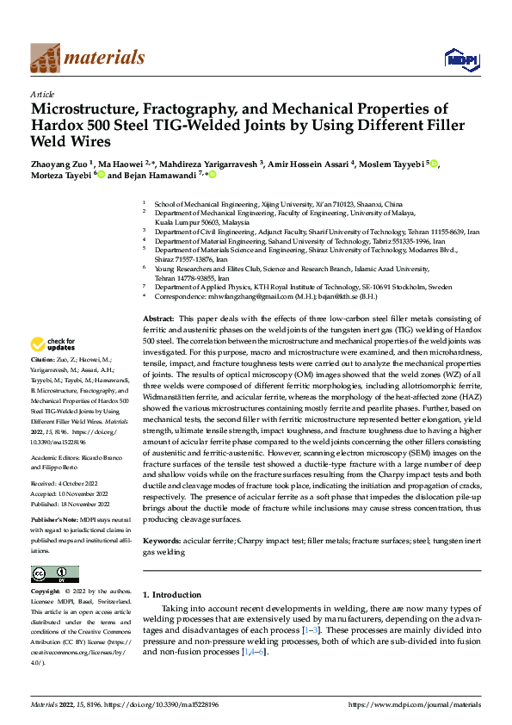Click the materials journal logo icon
(x=46, y=59)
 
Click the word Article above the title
(x=42, y=94)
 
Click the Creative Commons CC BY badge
(x=54, y=574)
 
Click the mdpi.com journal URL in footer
(x=412, y=704)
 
